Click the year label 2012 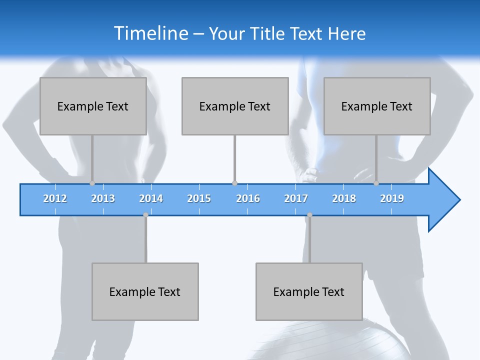coord(55,198)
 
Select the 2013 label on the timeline coord(103,198)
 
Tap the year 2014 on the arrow coord(151,198)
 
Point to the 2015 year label coord(199,198)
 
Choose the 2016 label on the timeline coord(248,198)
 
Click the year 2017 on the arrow coord(296,198)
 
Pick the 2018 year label coord(344,198)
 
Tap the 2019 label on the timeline coord(392,198)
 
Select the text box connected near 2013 coord(93,106)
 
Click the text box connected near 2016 coord(235,106)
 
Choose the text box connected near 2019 coord(377,106)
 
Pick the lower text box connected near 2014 coord(145,291)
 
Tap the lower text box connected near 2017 coord(309,291)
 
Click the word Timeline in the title coord(150,33)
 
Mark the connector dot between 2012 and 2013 coord(92,183)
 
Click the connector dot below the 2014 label coord(145,215)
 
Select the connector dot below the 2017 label coord(309,215)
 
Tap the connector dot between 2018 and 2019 coord(376,183)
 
